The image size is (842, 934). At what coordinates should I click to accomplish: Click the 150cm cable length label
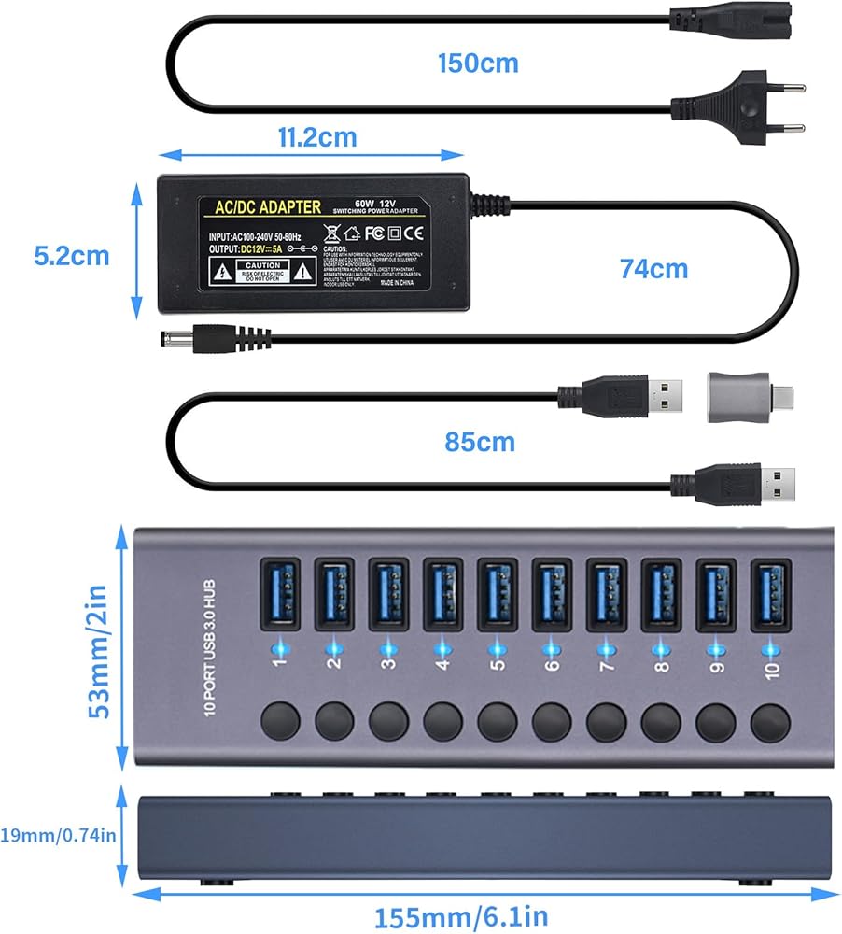coord(478,64)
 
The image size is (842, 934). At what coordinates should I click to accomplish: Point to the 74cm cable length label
coord(653,269)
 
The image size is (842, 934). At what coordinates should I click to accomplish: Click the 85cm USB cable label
coord(478,441)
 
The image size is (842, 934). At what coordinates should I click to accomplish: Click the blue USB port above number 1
coord(281,595)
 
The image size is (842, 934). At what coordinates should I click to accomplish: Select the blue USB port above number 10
coord(770,595)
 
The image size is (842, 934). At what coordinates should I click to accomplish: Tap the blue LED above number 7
coord(606,646)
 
